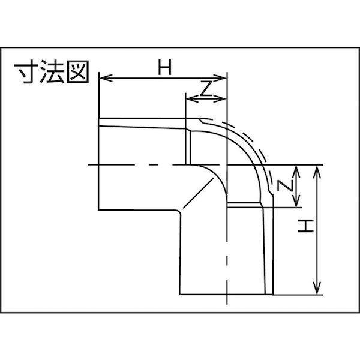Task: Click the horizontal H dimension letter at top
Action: tap(165, 67)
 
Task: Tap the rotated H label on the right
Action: tap(306, 226)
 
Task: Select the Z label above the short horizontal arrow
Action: tap(205, 89)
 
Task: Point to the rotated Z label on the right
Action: tap(285, 185)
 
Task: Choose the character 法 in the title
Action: tap(52, 71)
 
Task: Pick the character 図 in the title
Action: tap(78, 71)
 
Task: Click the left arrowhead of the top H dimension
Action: tap(106, 78)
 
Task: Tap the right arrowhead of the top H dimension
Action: tap(220, 78)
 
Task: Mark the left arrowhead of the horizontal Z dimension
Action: tap(193, 99)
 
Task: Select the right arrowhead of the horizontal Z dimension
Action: tap(220, 99)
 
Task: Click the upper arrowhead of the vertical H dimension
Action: tap(317, 172)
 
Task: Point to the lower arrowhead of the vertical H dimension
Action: tap(317, 287)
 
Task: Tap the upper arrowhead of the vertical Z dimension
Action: tap(296, 172)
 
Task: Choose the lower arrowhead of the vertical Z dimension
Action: tap(296, 200)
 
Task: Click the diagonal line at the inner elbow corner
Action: tap(198, 193)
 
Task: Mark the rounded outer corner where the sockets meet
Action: tap(179, 212)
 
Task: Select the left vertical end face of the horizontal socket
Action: tap(99, 164)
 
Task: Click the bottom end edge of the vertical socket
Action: tap(226, 294)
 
